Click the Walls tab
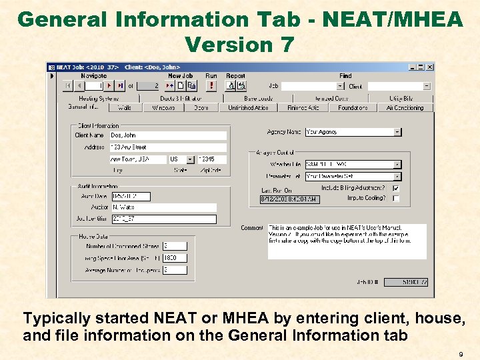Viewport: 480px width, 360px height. pos(125,107)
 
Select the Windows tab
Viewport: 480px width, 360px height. pos(163,107)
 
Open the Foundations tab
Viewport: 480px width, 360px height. pos(353,107)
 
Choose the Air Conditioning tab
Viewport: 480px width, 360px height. pos(405,107)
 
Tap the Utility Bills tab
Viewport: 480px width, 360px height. pos(400,99)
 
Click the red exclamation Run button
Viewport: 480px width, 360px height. pos(211,85)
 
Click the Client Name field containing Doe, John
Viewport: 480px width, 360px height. pos(168,135)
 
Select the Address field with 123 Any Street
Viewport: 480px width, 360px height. pos(168,147)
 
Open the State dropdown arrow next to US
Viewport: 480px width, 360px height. pos(191,160)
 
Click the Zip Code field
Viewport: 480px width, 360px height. pos(213,160)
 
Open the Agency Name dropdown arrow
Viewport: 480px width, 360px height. pos(397,132)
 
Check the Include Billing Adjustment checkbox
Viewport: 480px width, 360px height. pos(396,189)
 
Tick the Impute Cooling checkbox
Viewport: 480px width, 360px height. pos(396,198)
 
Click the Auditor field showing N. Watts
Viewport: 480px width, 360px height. pos(163,208)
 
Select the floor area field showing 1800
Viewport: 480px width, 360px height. pos(175,258)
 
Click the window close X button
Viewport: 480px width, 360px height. pos(430,67)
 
